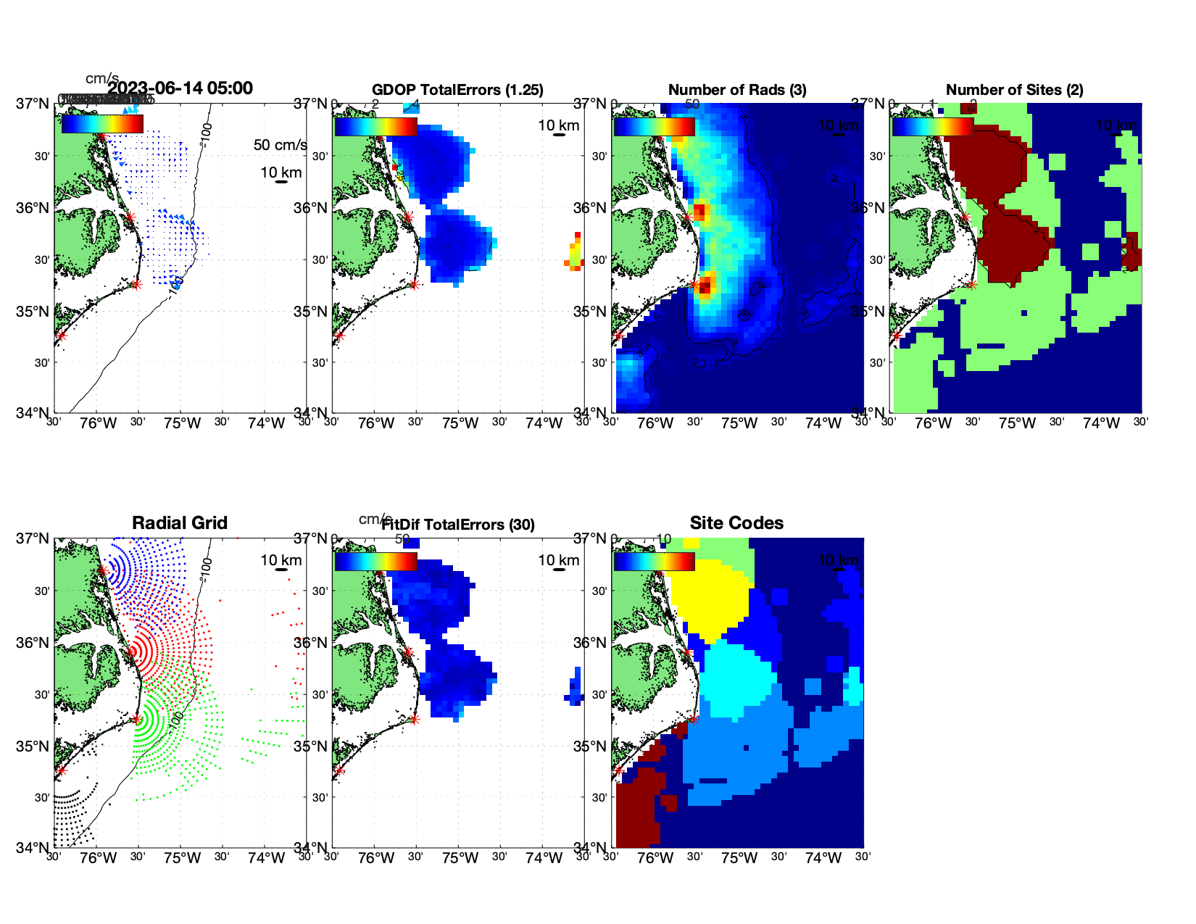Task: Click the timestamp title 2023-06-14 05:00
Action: coord(180,88)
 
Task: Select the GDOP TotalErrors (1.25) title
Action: coord(457,90)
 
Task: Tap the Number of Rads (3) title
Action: coord(737,90)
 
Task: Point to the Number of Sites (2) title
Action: coord(1014,90)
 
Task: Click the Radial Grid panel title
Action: coord(180,523)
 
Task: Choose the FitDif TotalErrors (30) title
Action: coord(458,525)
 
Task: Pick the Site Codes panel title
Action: coord(736,523)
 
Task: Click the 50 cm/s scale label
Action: coord(280,145)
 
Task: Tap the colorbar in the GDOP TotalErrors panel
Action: coord(375,127)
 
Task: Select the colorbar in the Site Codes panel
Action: coord(654,562)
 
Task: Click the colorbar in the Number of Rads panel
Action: coord(654,127)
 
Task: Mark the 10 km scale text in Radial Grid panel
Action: coord(281,560)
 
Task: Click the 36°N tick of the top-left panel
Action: coord(32,208)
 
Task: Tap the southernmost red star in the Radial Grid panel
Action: coord(61,770)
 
